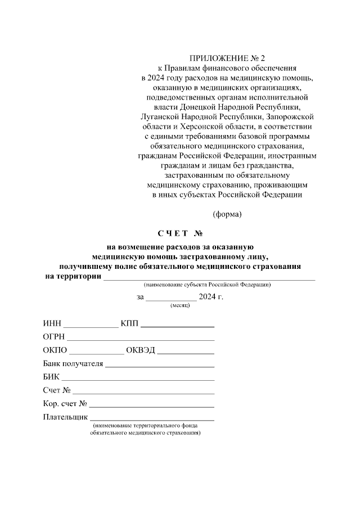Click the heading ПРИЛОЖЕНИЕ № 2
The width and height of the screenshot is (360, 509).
click(227, 58)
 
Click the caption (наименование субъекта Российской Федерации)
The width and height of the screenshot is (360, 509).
click(207, 285)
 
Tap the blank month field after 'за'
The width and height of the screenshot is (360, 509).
click(171, 298)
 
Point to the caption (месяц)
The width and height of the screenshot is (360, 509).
click(179, 305)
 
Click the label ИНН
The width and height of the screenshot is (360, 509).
click(52, 324)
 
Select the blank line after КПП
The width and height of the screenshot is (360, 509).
click(177, 325)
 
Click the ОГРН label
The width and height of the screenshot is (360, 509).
click(54, 337)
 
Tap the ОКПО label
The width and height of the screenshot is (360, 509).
click(55, 350)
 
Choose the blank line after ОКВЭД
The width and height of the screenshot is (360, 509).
click(186, 351)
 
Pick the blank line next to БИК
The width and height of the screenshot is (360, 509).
click(138, 377)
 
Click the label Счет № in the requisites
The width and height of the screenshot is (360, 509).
click(56, 390)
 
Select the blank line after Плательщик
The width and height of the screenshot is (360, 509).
click(152, 417)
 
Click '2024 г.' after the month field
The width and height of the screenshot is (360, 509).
click(211, 297)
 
